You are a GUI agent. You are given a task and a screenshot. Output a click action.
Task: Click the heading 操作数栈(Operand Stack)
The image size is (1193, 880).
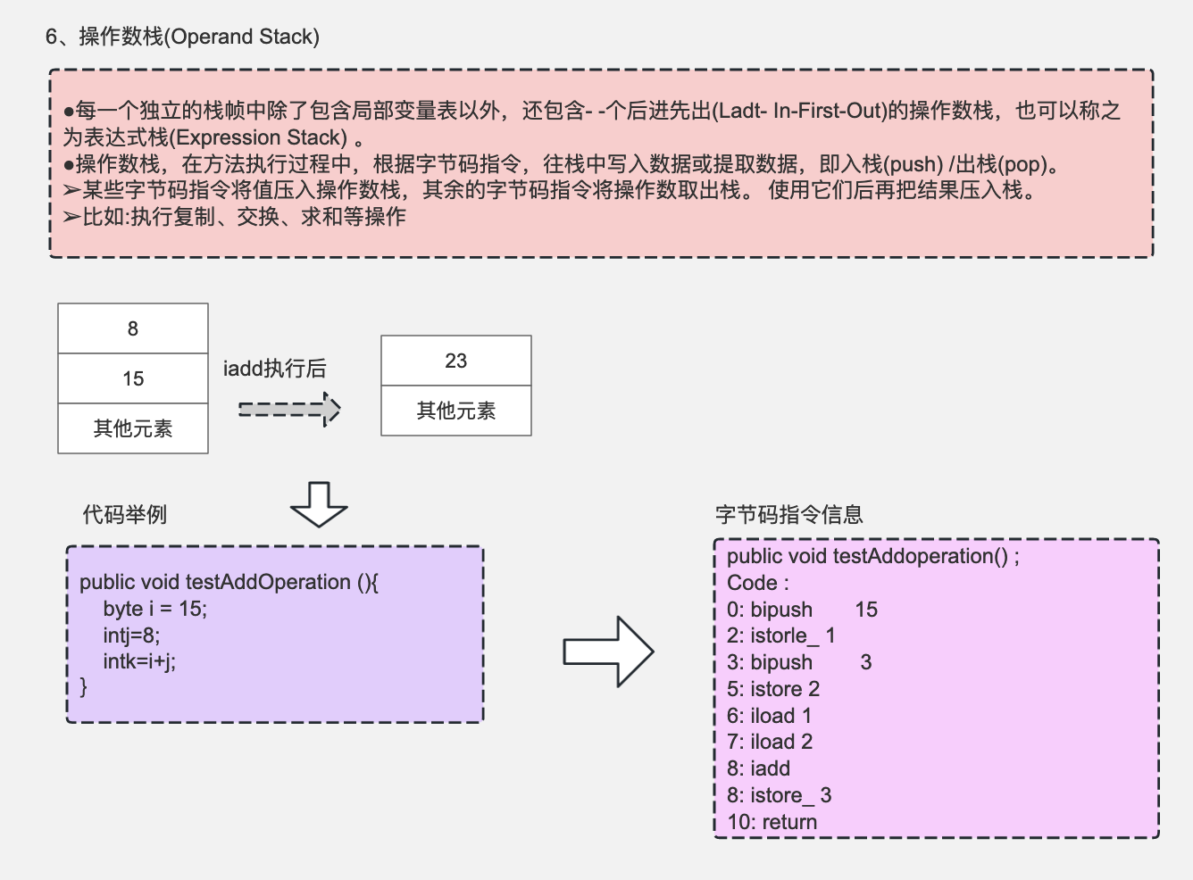point(182,37)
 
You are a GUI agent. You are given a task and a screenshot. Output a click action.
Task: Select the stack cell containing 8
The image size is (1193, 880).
point(133,328)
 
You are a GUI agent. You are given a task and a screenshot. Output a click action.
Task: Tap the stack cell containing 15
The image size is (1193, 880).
point(133,378)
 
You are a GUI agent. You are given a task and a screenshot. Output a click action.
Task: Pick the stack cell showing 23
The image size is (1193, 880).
point(455,361)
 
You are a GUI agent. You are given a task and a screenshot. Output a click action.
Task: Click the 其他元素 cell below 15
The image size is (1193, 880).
point(133,428)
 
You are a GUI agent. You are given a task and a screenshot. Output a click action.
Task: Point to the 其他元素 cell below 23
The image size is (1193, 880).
point(455,411)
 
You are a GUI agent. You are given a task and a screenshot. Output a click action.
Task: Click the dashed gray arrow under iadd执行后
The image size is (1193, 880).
point(288,410)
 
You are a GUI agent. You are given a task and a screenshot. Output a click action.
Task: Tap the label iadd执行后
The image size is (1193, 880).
point(274,368)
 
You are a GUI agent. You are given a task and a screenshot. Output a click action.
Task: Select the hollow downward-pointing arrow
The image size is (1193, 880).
point(319,504)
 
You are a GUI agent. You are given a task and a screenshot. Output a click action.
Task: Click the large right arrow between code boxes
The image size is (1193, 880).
point(608,652)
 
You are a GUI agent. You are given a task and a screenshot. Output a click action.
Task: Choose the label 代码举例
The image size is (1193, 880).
point(124,515)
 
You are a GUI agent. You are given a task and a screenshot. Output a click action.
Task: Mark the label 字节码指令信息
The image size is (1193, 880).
point(788,515)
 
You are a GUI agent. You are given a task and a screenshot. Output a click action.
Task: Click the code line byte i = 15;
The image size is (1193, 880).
point(154,609)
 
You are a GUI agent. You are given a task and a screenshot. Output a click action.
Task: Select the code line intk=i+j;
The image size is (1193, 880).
point(139,660)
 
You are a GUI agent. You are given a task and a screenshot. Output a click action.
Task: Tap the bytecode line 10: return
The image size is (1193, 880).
point(772,822)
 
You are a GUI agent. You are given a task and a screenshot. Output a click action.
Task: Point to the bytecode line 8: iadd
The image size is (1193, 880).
point(758,768)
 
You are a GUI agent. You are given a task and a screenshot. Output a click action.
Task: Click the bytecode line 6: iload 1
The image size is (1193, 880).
point(769,716)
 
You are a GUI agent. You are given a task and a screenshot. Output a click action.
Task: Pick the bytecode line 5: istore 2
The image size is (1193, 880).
point(772,689)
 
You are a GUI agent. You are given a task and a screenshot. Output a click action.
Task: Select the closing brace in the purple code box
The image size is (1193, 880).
point(84,686)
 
